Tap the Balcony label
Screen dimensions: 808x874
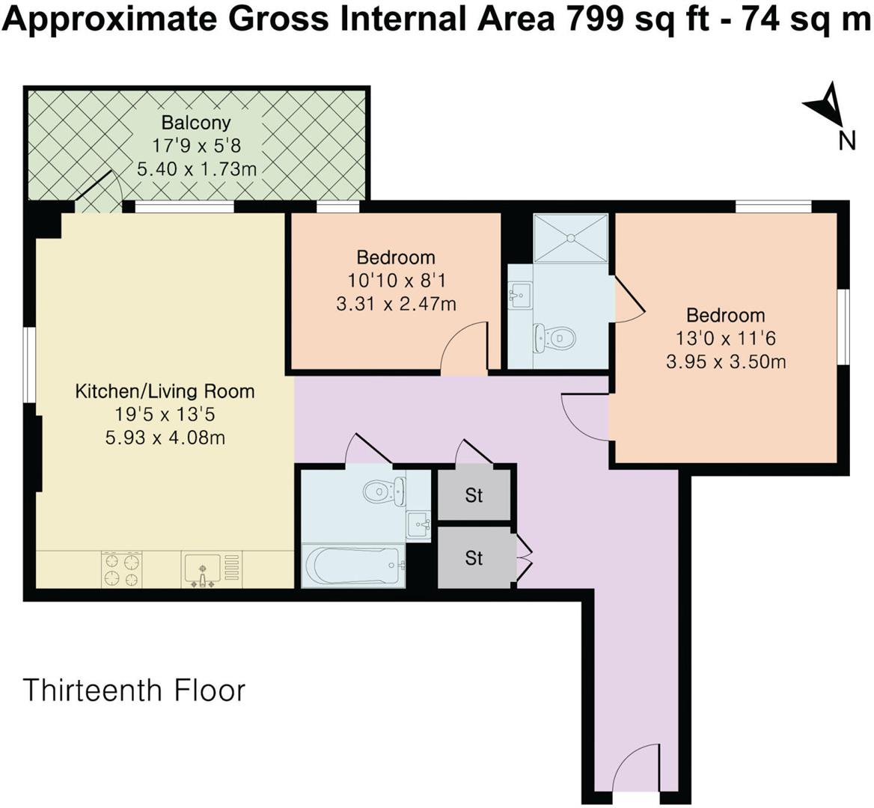(x=196, y=123)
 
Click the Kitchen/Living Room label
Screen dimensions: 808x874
(x=165, y=391)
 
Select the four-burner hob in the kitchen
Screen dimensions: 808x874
(x=122, y=569)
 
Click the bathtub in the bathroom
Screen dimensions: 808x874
(x=352, y=566)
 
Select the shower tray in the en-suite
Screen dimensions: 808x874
(x=571, y=238)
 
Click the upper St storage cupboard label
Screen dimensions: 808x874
(x=474, y=495)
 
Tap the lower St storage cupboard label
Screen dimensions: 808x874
(x=474, y=558)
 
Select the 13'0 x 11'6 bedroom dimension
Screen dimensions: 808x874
(x=725, y=338)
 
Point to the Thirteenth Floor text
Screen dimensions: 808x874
(x=134, y=690)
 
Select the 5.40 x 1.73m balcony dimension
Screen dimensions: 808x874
(x=196, y=169)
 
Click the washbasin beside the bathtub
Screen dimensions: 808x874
(x=418, y=525)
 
